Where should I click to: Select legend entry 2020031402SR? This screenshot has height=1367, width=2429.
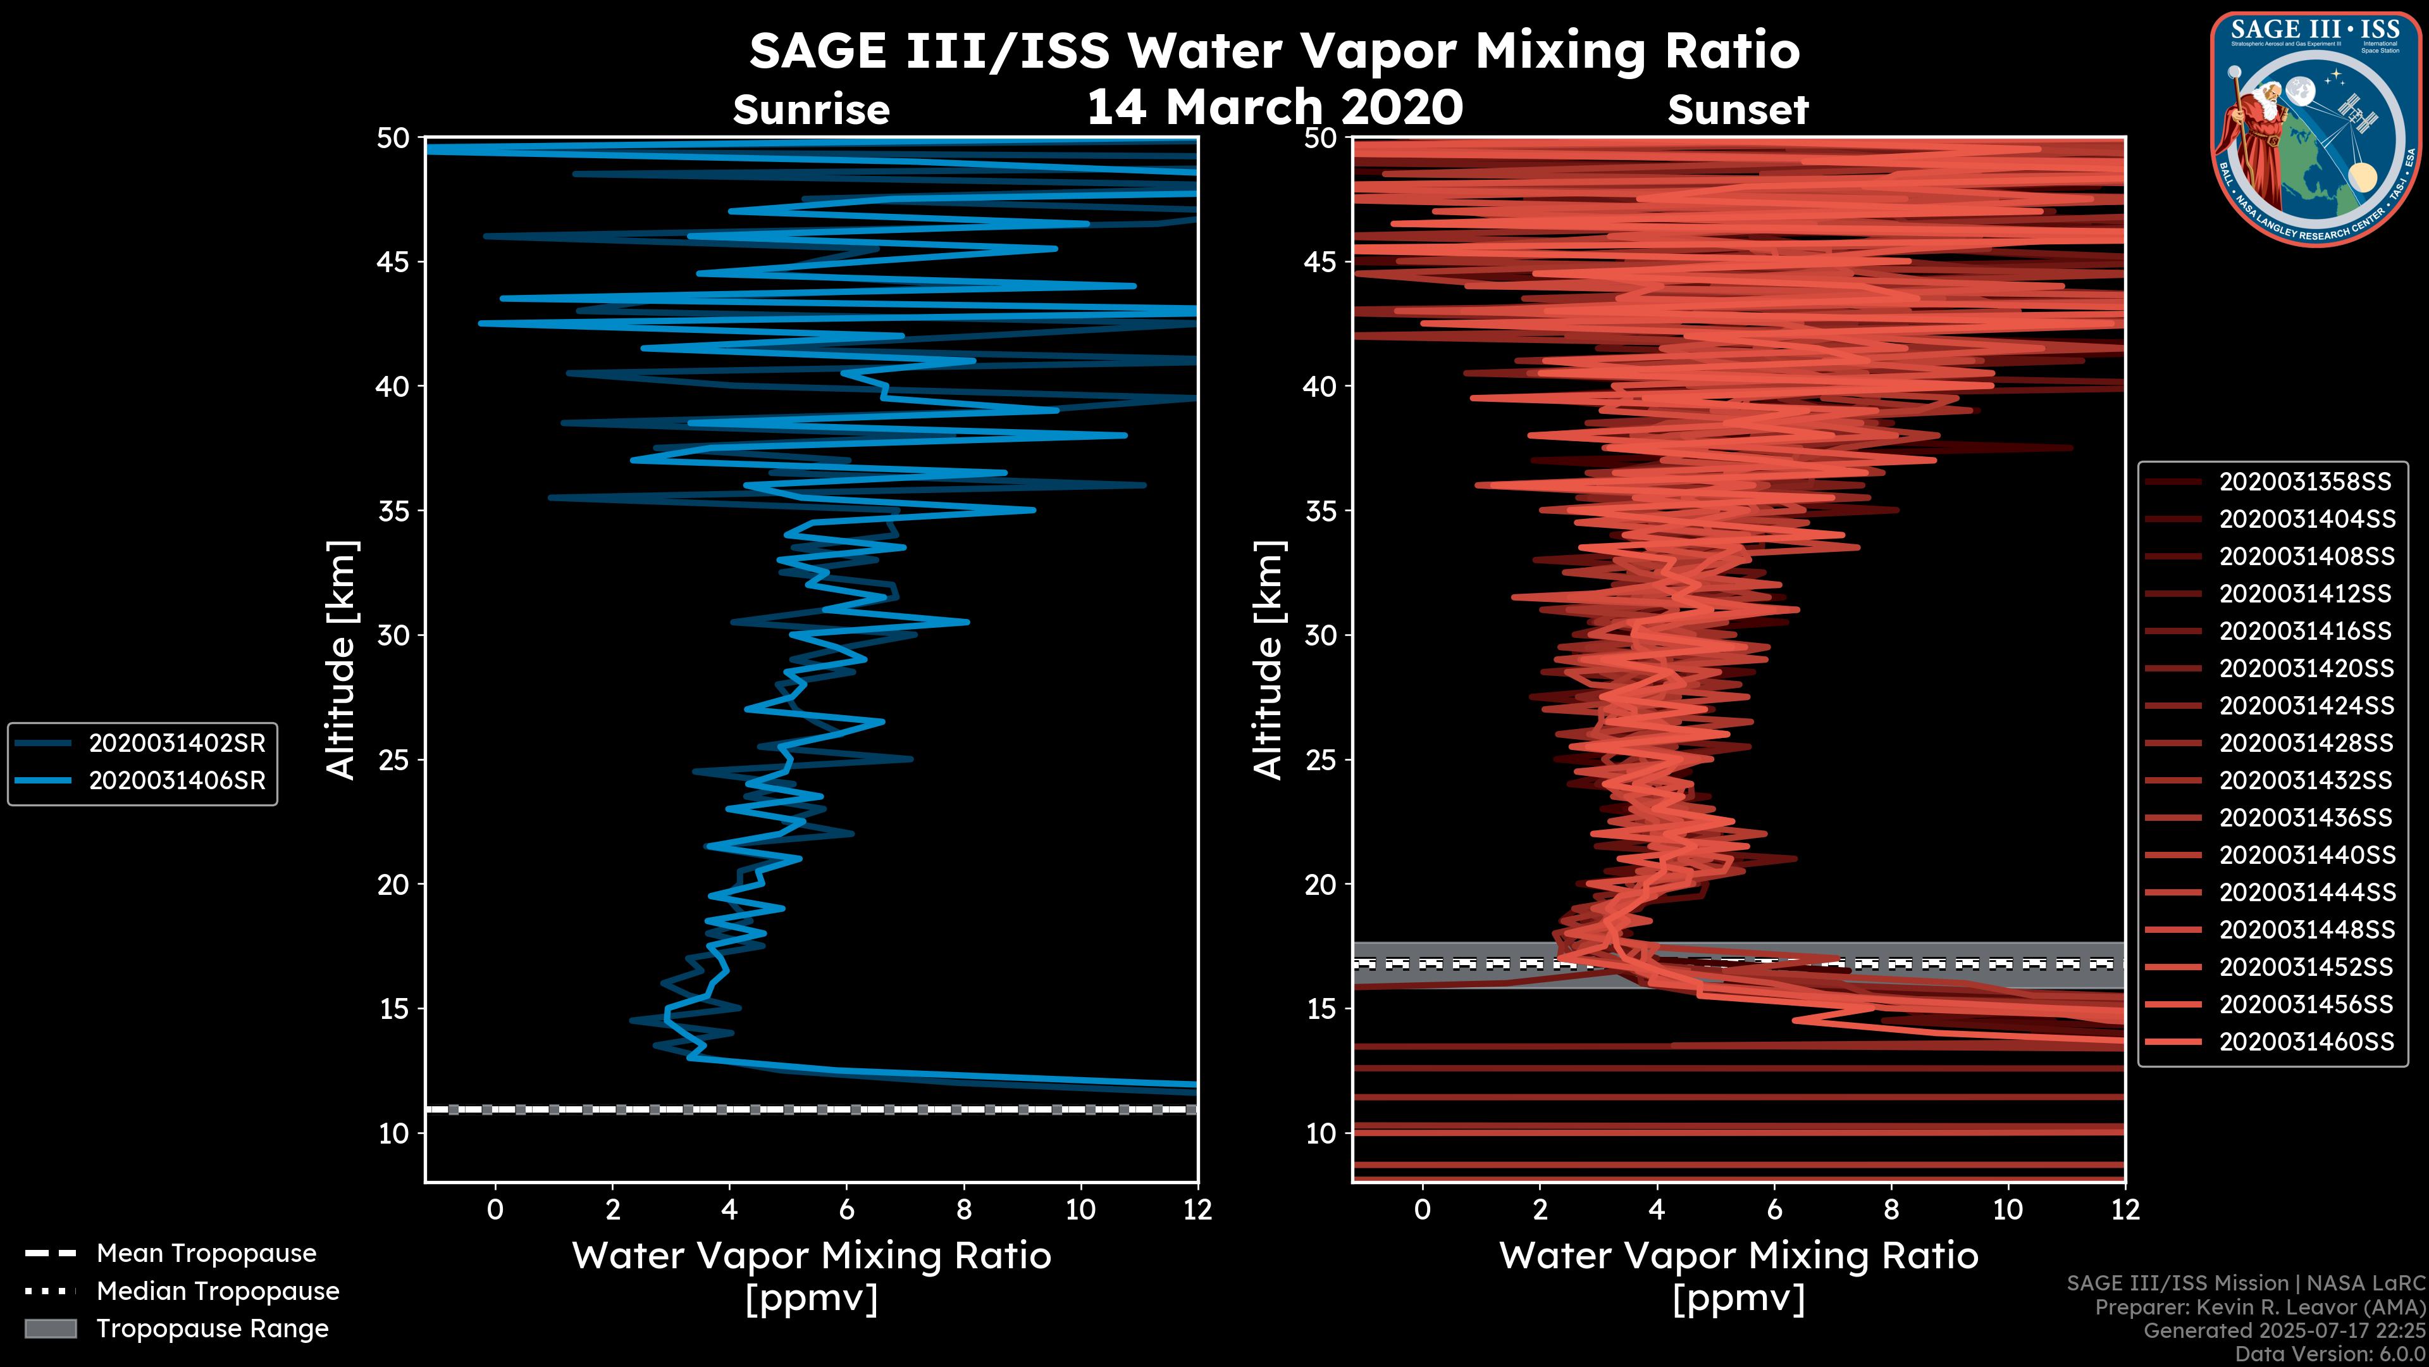pos(176,744)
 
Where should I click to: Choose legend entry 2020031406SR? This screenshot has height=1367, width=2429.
pos(176,781)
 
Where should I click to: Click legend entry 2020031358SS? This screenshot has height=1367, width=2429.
pos(2304,482)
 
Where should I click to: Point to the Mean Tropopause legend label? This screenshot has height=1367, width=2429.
pos(206,1253)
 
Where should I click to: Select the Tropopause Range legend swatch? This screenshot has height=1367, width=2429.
pos(50,1328)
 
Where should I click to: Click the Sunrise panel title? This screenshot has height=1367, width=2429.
pos(811,110)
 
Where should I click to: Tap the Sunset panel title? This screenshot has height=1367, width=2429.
pos(1738,110)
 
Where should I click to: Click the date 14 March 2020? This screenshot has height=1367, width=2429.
pos(1275,106)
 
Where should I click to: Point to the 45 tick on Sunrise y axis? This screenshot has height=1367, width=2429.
pos(393,261)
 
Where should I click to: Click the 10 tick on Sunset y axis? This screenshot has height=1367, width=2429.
pos(1320,1133)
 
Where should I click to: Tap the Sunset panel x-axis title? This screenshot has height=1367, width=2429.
pos(1738,1275)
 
